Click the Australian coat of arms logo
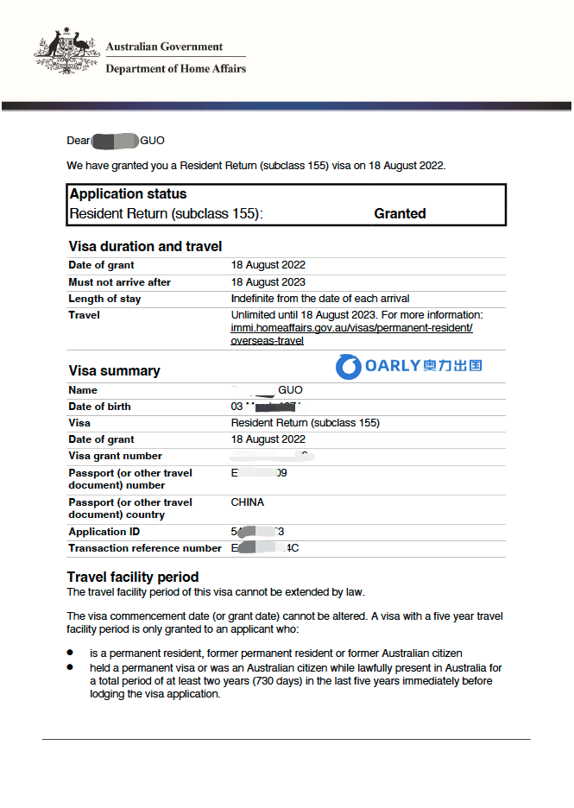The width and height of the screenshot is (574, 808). (66, 53)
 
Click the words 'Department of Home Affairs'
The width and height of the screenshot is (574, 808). (175, 69)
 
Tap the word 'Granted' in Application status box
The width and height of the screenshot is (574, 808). (400, 213)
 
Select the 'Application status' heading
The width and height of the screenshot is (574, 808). (128, 194)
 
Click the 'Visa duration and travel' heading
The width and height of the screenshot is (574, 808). (145, 247)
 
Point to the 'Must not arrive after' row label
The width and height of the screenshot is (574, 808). (120, 282)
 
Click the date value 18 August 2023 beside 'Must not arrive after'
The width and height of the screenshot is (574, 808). (268, 282)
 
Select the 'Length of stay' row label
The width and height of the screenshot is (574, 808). (104, 299)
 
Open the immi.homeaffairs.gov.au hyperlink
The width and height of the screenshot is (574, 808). (351, 328)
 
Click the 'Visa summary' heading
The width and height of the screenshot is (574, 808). (114, 371)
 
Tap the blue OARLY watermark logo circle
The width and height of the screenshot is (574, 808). (349, 366)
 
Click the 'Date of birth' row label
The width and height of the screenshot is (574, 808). (100, 407)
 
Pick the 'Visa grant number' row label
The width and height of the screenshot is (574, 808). (116, 456)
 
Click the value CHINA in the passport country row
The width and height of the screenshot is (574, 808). (248, 502)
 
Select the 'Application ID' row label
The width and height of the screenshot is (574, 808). (104, 532)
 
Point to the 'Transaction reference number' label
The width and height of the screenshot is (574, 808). (145, 548)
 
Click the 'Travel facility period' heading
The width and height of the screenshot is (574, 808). (133, 577)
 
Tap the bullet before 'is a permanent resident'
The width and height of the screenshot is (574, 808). (70, 653)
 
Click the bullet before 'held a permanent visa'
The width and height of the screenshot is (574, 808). (70, 668)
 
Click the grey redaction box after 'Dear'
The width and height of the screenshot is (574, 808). (115, 141)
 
